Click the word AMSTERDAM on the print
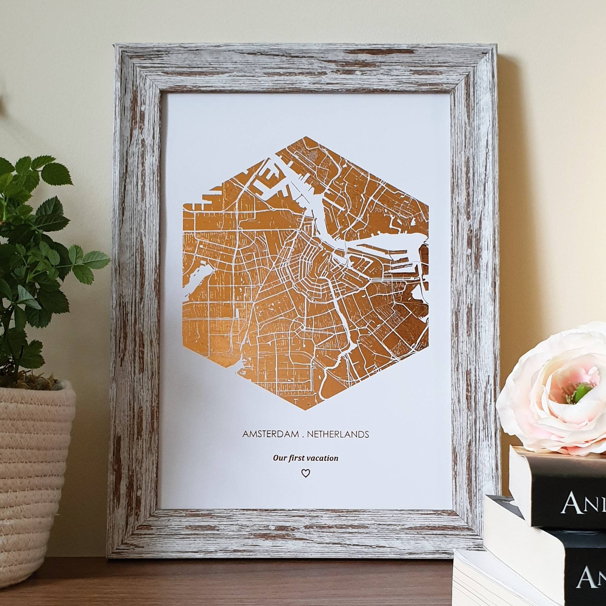270,434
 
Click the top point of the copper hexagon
305,137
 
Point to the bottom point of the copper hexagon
305,412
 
